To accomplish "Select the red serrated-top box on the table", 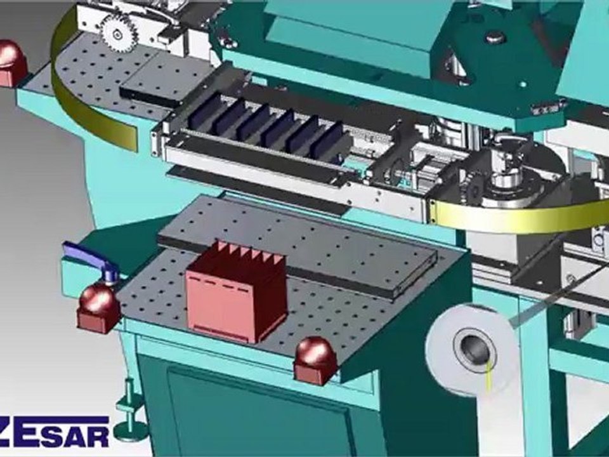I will (235, 292).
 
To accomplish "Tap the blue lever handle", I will (89, 260).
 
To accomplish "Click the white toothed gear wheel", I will (118, 30).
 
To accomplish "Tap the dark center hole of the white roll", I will (475, 348).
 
